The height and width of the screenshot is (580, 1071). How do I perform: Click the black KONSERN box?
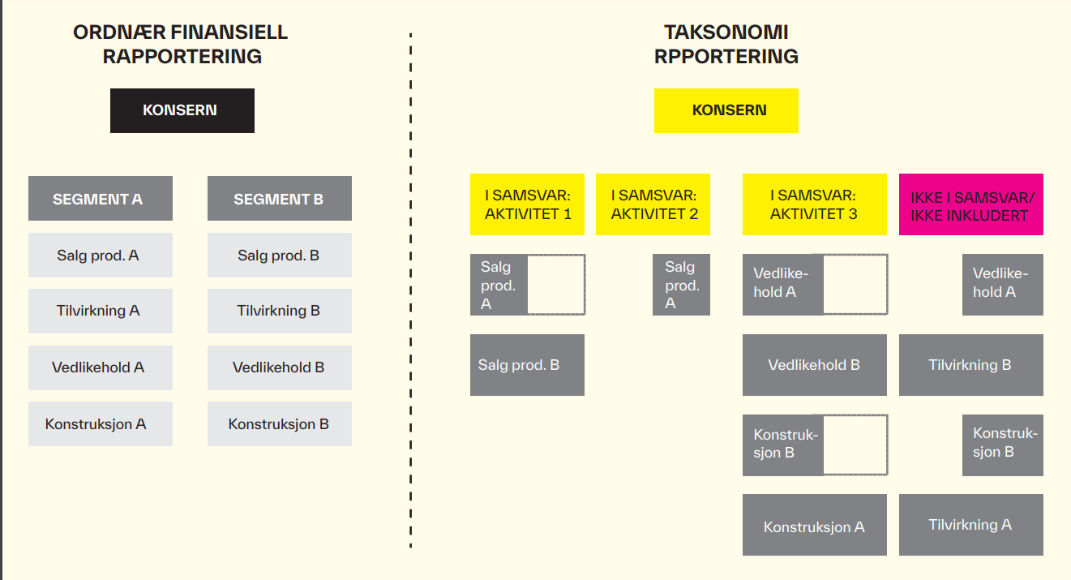pyautogui.click(x=182, y=110)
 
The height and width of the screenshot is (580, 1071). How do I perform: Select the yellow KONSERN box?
pyautogui.click(x=726, y=110)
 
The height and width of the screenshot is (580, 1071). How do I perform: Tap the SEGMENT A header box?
pyautogui.click(x=101, y=199)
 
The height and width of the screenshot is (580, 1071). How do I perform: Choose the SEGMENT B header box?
pyautogui.click(x=280, y=199)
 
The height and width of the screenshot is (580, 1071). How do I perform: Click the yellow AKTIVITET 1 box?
pyautogui.click(x=527, y=204)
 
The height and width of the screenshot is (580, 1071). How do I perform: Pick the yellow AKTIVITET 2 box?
pyautogui.click(x=653, y=204)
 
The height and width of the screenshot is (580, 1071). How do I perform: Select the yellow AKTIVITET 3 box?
pyautogui.click(x=815, y=204)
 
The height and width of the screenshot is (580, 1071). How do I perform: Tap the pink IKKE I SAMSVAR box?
pyautogui.click(x=971, y=204)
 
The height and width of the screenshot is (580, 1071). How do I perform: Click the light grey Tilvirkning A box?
pyautogui.click(x=101, y=311)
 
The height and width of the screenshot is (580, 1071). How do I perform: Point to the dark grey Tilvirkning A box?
pyautogui.click(x=971, y=525)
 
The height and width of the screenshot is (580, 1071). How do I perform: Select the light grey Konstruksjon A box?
pyautogui.click(x=101, y=424)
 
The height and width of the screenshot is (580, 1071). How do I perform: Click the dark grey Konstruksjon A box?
pyautogui.click(x=815, y=525)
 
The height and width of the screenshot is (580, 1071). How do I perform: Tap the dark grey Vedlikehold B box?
pyautogui.click(x=815, y=365)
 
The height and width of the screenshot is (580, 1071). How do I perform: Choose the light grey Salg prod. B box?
pyautogui.click(x=280, y=255)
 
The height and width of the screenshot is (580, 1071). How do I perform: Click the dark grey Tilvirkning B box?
pyautogui.click(x=971, y=365)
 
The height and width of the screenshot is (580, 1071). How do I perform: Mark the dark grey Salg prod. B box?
pyautogui.click(x=527, y=365)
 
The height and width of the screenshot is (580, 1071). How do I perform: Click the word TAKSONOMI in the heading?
pyautogui.click(x=726, y=32)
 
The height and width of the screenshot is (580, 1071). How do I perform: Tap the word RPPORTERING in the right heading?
pyautogui.click(x=726, y=57)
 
